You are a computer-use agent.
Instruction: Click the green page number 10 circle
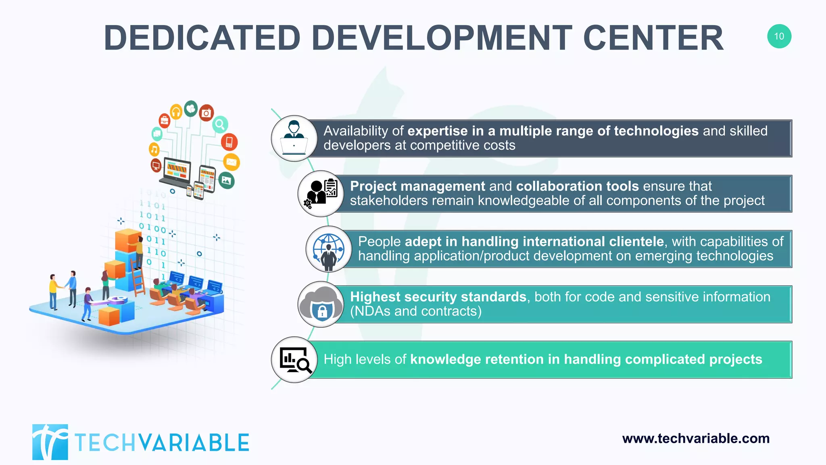pos(779,36)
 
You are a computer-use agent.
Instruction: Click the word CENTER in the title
pos(653,38)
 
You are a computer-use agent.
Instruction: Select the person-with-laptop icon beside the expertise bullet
pos(294,138)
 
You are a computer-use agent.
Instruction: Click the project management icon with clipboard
pos(321,193)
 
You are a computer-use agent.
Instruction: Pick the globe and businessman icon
pos(329,249)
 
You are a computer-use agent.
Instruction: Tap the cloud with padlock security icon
pos(321,304)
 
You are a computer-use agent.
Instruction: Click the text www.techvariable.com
pos(696,438)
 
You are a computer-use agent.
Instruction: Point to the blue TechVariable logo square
pos(50,442)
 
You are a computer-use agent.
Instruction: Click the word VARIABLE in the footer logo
pos(195,443)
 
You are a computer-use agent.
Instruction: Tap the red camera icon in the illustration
pos(206,113)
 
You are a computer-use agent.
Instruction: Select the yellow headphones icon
pos(176,111)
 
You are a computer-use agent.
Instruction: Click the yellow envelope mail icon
pos(232,162)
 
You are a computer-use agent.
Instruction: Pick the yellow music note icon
pos(154,149)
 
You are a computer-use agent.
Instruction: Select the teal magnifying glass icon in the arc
pos(220,124)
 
